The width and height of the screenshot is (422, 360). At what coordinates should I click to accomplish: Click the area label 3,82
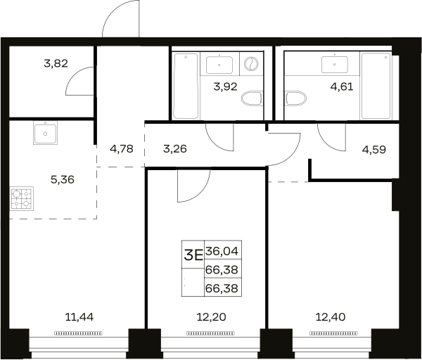[56, 64]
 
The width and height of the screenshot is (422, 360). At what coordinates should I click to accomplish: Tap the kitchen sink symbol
[45, 133]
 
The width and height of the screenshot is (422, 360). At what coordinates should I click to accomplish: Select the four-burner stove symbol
[22, 198]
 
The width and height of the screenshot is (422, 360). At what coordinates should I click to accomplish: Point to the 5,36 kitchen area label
[63, 179]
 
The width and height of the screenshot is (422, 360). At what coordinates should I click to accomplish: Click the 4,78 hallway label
[122, 149]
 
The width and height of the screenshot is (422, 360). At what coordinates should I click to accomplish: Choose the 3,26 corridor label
[175, 149]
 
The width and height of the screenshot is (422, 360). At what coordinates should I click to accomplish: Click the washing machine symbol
[251, 64]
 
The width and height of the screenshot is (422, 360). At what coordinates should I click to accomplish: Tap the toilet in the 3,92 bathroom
[252, 98]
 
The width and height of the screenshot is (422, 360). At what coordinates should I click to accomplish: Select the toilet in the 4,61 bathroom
[296, 98]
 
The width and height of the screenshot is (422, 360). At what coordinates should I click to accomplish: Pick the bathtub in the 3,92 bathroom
[186, 86]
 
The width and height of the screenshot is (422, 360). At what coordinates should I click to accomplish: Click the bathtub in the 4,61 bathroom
[376, 86]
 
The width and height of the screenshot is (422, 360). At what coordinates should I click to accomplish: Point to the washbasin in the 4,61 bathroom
[335, 65]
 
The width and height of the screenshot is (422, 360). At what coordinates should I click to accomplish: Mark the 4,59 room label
[374, 150]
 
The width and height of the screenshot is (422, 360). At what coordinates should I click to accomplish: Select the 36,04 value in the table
[222, 252]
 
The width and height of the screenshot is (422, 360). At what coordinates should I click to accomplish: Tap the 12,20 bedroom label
[211, 317]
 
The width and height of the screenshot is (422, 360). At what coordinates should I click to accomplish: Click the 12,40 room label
[331, 317]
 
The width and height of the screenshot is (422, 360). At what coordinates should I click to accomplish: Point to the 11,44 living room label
[79, 317]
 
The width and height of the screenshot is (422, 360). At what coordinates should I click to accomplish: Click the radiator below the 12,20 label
[210, 333]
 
